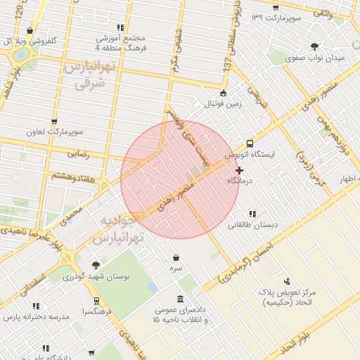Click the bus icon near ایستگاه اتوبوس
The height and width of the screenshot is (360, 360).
coord(250,143)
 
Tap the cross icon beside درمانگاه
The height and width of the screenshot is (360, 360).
coord(240,170)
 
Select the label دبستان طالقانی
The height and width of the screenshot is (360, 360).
coord(252,225)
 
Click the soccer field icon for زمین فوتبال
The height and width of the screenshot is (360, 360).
coord(224,94)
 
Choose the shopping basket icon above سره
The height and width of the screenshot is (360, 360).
coord(175,257)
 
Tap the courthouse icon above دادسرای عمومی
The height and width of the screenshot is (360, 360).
coord(181,299)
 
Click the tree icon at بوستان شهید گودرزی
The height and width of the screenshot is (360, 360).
coord(96,265)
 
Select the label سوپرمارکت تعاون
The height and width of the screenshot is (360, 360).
coord(65,131)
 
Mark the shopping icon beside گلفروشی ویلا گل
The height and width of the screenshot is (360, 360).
coord(30,31)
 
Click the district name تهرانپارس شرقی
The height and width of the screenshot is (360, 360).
coord(89,75)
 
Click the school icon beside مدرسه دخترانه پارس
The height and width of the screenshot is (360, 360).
coord(36,306)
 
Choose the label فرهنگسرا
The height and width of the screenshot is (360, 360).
coord(98,311)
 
